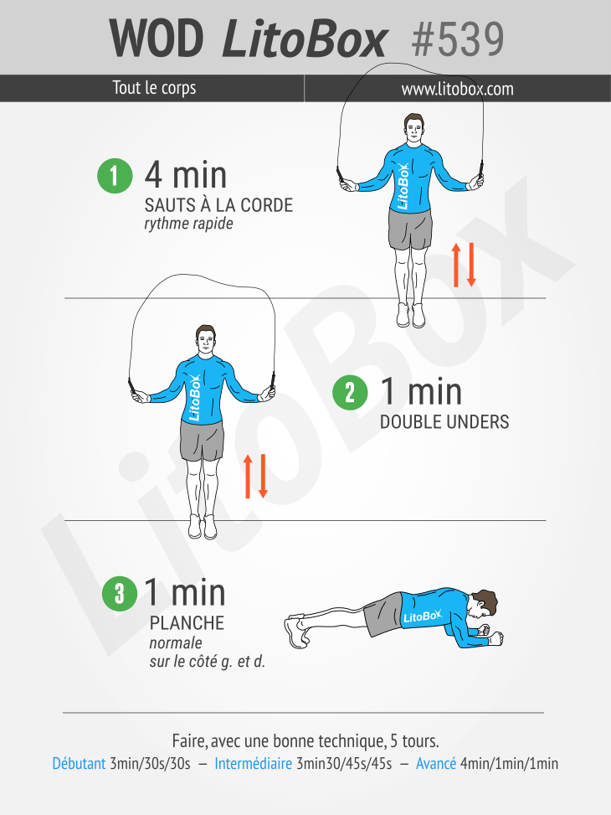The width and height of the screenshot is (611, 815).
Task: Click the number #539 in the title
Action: [457, 39]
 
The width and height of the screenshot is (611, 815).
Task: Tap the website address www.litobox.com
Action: [457, 89]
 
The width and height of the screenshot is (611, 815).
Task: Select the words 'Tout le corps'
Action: [154, 88]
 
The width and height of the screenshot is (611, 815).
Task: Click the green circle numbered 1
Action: [115, 176]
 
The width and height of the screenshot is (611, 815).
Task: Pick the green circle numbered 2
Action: [350, 393]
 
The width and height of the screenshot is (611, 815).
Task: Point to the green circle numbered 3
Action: [120, 593]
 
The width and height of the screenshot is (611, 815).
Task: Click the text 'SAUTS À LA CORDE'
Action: [218, 204]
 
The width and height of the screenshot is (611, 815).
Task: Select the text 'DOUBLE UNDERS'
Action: [444, 421]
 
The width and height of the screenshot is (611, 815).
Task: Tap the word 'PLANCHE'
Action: [187, 622]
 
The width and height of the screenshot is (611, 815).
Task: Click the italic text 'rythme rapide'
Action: [188, 224]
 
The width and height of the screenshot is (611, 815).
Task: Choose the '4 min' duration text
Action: [186, 175]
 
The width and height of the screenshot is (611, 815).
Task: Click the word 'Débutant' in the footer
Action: [79, 763]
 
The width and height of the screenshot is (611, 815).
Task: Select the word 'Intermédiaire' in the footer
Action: [253, 763]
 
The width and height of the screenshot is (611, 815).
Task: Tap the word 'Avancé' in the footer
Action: [436, 763]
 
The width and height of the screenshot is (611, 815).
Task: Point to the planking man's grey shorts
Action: [383, 615]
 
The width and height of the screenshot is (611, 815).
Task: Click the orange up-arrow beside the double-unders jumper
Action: [248, 476]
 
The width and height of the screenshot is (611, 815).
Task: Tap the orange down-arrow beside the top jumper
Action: [471, 265]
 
